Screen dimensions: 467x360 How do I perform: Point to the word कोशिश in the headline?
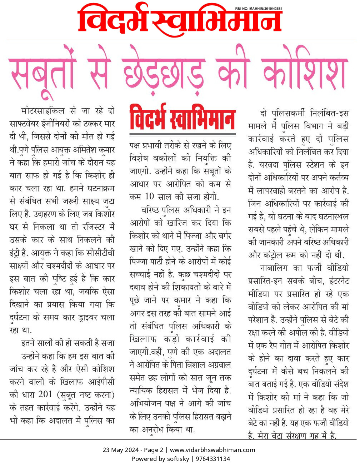point(304,71)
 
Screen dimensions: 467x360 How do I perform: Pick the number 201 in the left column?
point(45,394)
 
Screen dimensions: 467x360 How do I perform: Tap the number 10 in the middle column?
point(149,197)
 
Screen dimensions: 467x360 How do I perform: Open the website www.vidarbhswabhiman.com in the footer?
point(212,450)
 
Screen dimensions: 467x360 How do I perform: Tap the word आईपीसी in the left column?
point(101,382)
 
